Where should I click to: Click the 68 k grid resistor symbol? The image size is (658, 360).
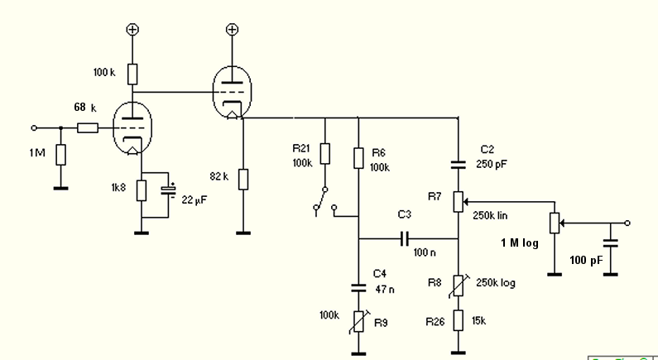[89, 128]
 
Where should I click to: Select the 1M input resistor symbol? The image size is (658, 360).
[60, 155]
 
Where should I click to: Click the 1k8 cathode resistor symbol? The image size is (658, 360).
[142, 190]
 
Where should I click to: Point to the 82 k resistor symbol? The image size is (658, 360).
[243, 179]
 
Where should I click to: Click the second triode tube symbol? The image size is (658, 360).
[232, 92]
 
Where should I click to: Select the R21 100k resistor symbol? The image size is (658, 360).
[324, 153]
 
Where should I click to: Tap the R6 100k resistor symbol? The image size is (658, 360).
[358, 157]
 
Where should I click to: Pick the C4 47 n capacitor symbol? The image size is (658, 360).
[358, 289]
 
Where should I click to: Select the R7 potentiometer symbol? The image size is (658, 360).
[458, 200]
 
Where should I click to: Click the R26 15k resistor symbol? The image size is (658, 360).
[458, 319]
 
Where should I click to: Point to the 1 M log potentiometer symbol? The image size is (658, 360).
[554, 223]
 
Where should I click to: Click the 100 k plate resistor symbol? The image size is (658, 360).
[132, 74]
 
